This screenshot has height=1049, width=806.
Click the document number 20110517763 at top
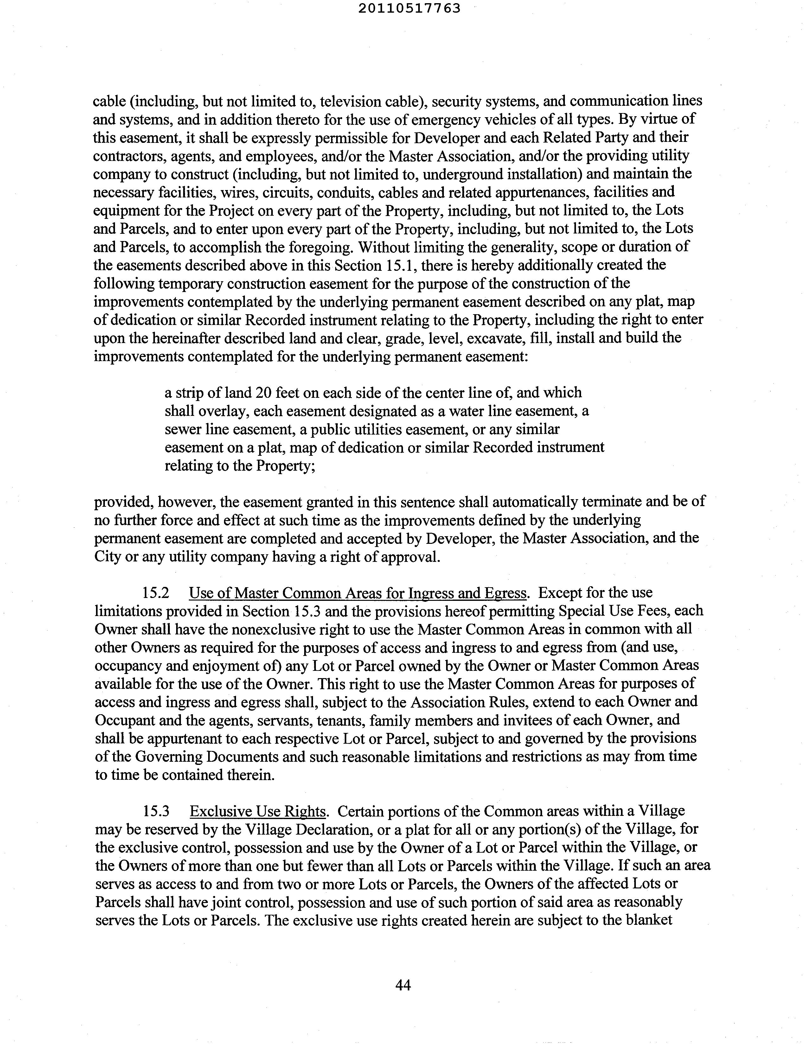tap(409, 8)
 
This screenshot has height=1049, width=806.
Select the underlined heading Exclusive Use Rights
tap(258, 811)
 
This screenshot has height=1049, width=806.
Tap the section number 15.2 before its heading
tap(156, 593)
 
